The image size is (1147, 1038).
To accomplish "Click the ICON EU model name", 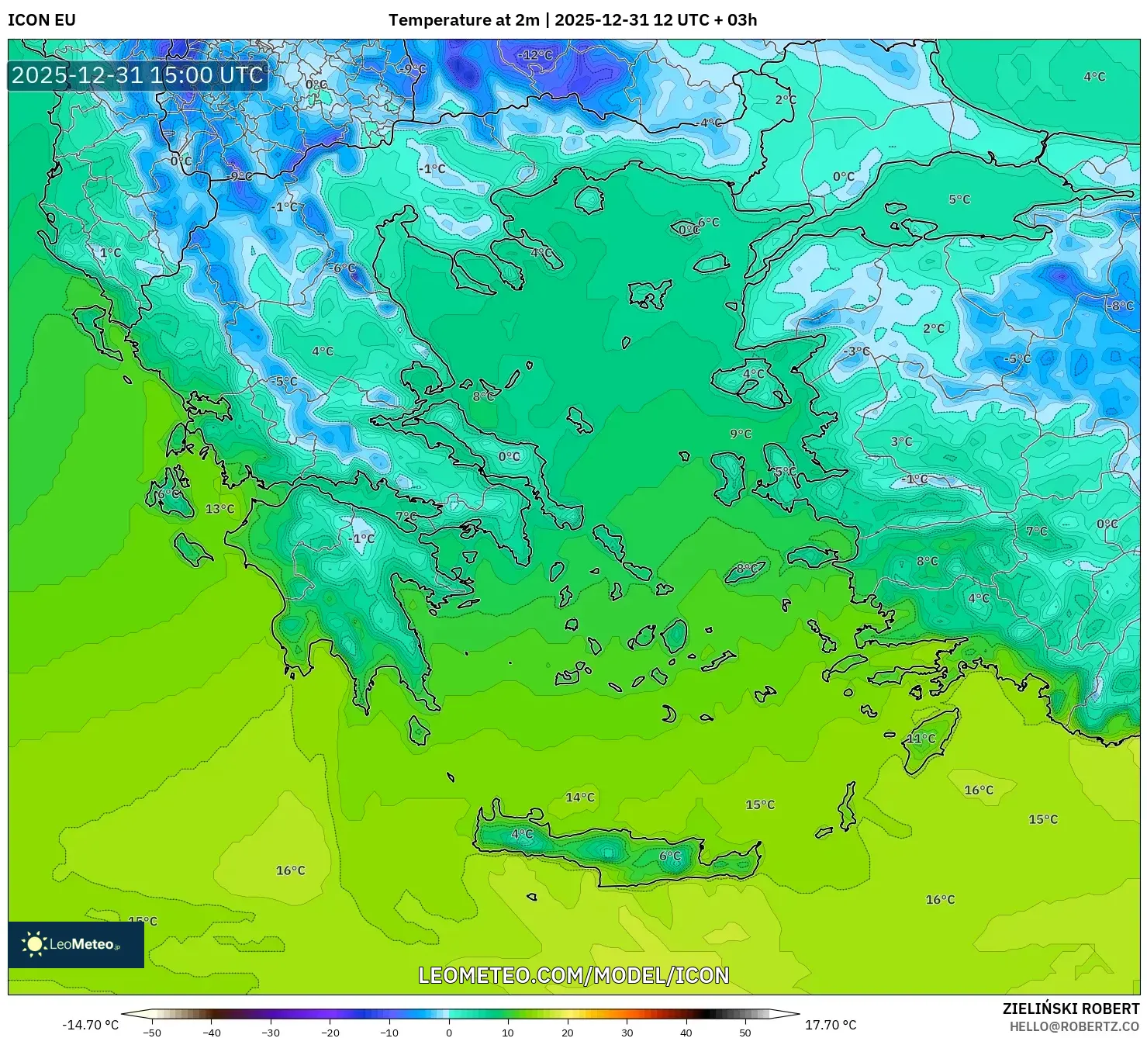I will coord(42,20).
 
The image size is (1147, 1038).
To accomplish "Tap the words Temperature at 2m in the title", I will coord(463,20).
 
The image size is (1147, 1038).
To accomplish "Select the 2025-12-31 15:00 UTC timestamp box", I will coord(137,75).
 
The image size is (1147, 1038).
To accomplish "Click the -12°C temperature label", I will coord(535,55).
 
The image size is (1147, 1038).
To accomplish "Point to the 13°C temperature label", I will coord(219,509).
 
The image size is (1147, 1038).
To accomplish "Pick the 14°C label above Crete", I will coord(579,798).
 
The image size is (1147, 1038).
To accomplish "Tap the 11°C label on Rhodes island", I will coord(921,739).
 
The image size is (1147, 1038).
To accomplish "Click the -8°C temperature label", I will coord(1119,306).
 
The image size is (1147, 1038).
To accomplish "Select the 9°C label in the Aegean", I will coord(741,434).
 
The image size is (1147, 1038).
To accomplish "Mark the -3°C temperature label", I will coord(856,351).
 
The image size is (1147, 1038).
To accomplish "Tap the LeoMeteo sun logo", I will coord(34,944).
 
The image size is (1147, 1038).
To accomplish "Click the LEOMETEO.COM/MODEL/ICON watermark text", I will coord(573,975).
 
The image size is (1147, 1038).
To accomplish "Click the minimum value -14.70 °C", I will coord(91,1025).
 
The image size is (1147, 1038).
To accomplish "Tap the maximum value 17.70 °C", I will coord(831,1025).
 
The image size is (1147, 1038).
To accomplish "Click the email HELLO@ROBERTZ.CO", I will coord(1073,1026).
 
